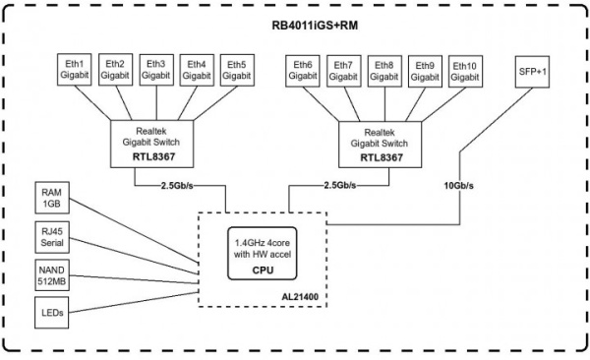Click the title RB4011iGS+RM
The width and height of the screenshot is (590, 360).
[295, 26]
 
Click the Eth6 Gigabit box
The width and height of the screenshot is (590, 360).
[302, 69]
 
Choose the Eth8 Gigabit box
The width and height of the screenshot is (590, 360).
[384, 69]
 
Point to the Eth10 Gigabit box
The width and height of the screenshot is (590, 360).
[467, 69]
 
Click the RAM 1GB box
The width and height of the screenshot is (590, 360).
[52, 198]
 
